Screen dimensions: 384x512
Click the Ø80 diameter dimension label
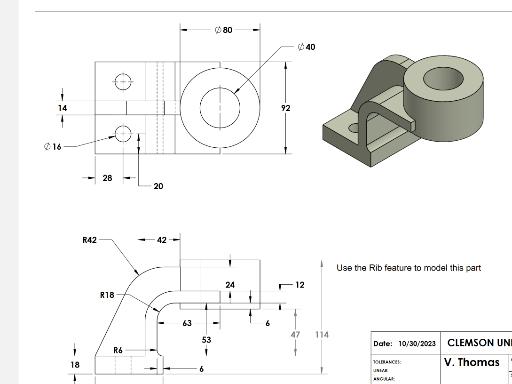tap(223, 30)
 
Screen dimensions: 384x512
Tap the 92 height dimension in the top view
tap(285, 108)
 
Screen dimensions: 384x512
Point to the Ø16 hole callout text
tap(53, 146)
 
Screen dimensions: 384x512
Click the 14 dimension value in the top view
tap(62, 108)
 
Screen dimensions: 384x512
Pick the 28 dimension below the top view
tap(107, 178)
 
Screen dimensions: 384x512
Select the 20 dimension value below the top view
tap(158, 186)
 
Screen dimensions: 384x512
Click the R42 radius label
tap(89, 240)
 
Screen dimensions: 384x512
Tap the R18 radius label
tap(107, 295)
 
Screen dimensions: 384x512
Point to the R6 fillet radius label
tap(118, 350)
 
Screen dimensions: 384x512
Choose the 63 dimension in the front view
tap(187, 323)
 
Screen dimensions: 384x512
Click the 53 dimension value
tap(206, 339)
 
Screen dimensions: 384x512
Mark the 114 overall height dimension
tap(322, 335)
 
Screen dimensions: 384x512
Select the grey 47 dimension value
tap(295, 335)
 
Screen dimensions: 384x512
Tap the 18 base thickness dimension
tap(75, 364)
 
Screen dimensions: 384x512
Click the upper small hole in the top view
tap(123, 82)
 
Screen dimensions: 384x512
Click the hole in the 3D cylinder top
tap(443, 79)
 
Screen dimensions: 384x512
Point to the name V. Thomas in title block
tap(472, 362)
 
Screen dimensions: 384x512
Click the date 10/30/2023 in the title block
tap(417, 344)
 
